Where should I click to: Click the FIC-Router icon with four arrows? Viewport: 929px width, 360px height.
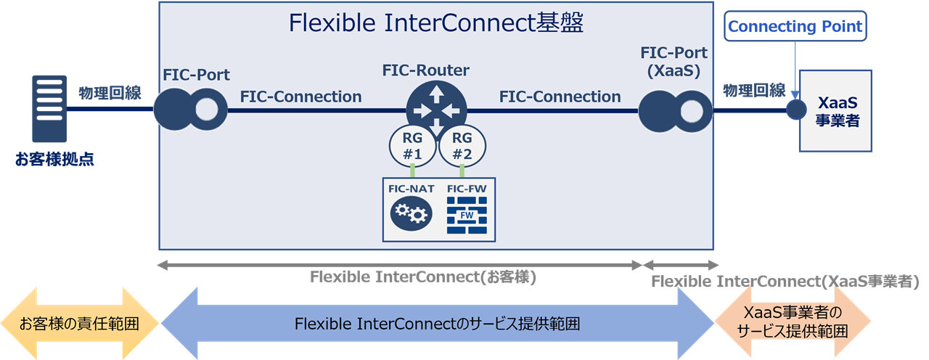[x=435, y=110]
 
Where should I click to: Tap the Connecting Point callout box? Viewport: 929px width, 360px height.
[x=795, y=28]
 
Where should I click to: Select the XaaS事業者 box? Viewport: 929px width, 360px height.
[x=836, y=111]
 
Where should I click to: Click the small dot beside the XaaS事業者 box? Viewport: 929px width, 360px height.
[x=796, y=110]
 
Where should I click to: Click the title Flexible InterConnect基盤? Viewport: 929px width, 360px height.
[x=436, y=23]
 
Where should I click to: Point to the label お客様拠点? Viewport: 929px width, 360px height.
[x=54, y=159]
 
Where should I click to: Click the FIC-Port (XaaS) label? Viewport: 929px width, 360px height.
[x=674, y=63]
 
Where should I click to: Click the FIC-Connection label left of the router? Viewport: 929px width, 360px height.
[x=300, y=97]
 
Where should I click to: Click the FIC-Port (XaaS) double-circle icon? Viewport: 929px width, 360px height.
[x=676, y=111]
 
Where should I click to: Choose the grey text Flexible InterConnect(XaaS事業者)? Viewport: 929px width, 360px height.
[x=785, y=281]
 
